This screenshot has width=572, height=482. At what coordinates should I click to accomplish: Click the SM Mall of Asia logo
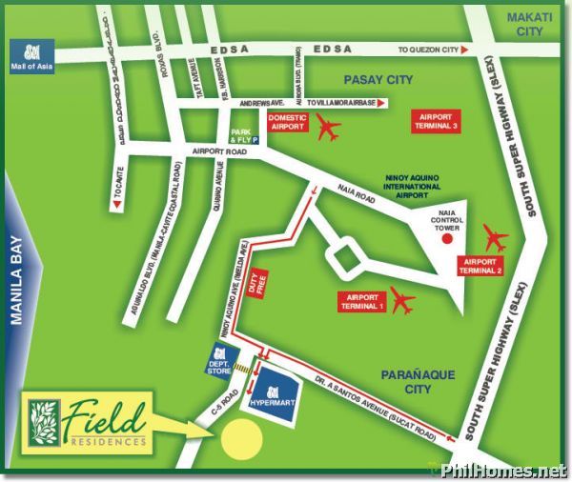click(x=27, y=56)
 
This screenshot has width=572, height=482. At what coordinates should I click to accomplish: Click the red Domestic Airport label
click(x=287, y=122)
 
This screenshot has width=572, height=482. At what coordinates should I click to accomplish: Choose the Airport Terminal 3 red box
click(x=439, y=121)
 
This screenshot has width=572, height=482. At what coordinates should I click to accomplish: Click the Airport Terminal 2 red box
click(x=481, y=265)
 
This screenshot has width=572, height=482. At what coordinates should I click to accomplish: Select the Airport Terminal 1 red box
click(x=362, y=301)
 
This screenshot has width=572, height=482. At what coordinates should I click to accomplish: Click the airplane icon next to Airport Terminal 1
click(x=402, y=300)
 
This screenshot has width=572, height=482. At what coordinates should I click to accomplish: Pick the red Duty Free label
click(x=254, y=280)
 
